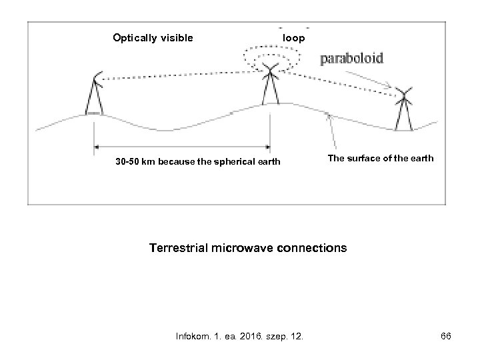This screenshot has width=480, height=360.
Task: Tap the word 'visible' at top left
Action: pyautogui.click(x=175, y=37)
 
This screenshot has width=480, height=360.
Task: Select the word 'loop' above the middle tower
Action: pyautogui.click(x=294, y=38)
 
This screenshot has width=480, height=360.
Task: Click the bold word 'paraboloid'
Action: pyautogui.click(x=353, y=59)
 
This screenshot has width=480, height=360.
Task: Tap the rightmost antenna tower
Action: pyautogui.click(x=403, y=109)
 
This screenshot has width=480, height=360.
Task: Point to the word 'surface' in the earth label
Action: pyautogui.click(x=364, y=159)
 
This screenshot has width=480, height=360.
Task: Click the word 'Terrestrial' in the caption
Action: pyautogui.click(x=180, y=248)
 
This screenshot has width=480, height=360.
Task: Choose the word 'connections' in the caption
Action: pyautogui.click(x=311, y=248)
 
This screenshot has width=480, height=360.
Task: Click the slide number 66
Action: pyautogui.click(x=446, y=337)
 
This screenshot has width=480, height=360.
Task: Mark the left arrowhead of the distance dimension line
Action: pyautogui.click(x=97, y=147)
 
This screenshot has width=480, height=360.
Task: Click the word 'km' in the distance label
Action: pyautogui.click(x=151, y=161)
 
